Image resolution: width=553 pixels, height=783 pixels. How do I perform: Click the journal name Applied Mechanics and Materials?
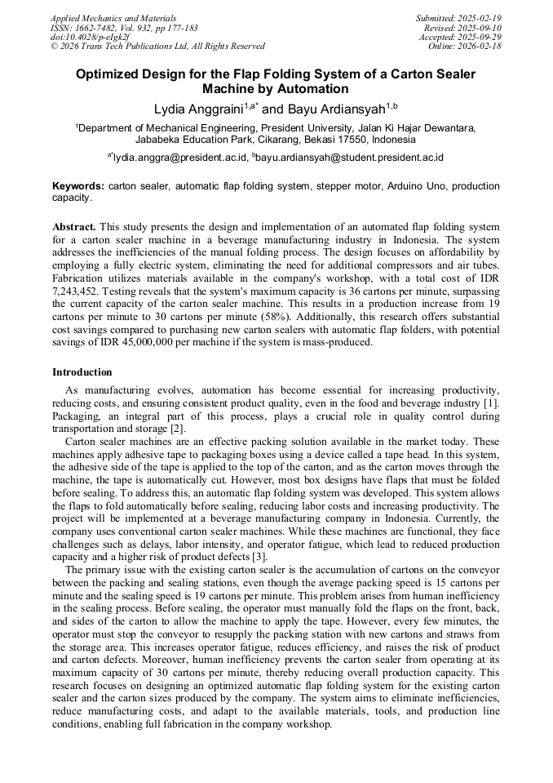click(113, 18)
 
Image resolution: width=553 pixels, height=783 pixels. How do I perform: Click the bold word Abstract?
click(74, 226)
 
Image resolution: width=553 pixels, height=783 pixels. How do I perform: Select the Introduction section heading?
click(82, 371)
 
